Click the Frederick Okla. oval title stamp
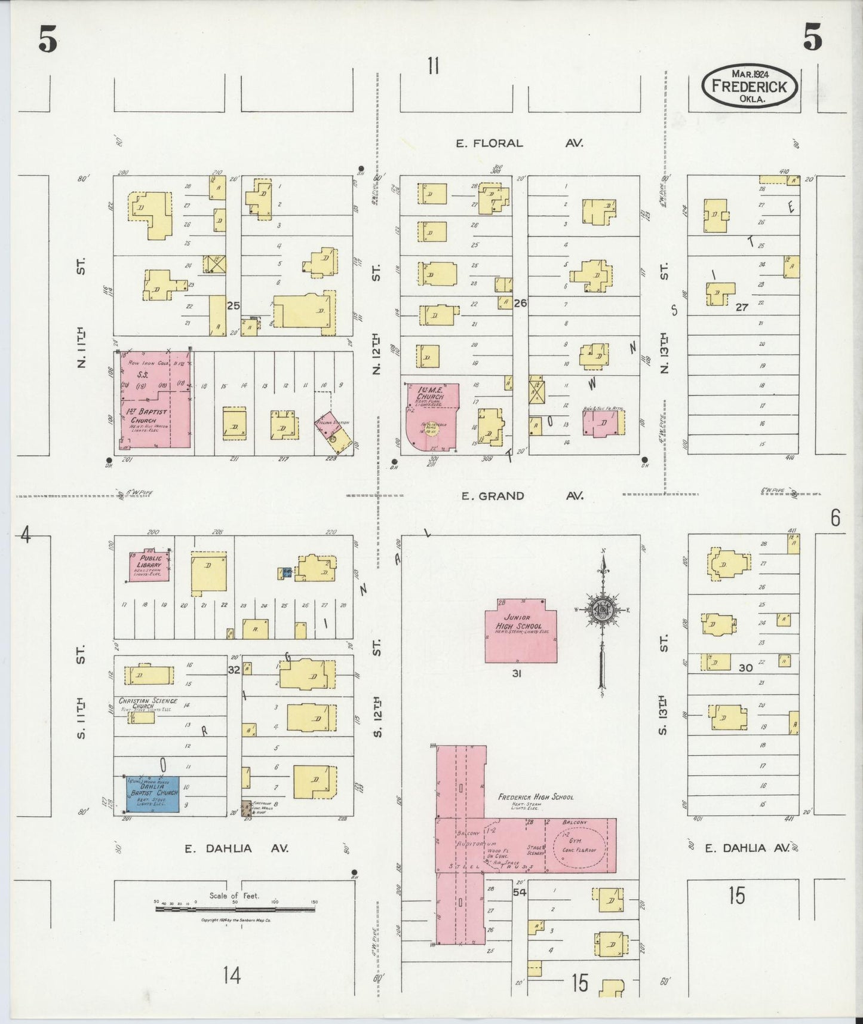749,86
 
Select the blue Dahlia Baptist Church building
152,793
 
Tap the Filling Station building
333,435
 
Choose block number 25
233,305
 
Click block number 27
742,308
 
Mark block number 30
745,668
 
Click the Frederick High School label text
535,797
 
